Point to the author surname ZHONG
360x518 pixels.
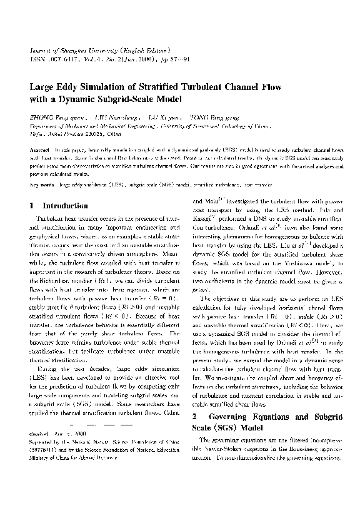coord(42,117)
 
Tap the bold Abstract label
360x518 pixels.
coord(41,152)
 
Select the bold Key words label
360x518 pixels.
coord(42,185)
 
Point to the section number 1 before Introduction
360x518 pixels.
coord(32,206)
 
